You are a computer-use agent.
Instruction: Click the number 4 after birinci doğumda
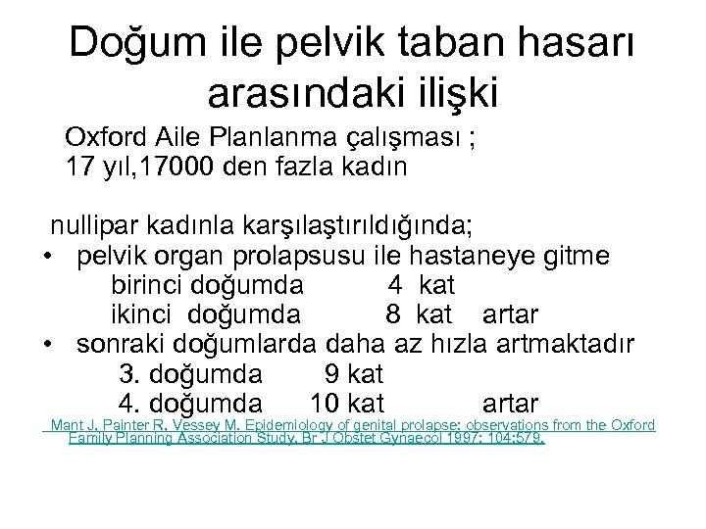point(394,285)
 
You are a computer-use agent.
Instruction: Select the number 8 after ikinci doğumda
point(392,314)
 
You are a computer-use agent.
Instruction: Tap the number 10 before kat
point(325,403)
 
